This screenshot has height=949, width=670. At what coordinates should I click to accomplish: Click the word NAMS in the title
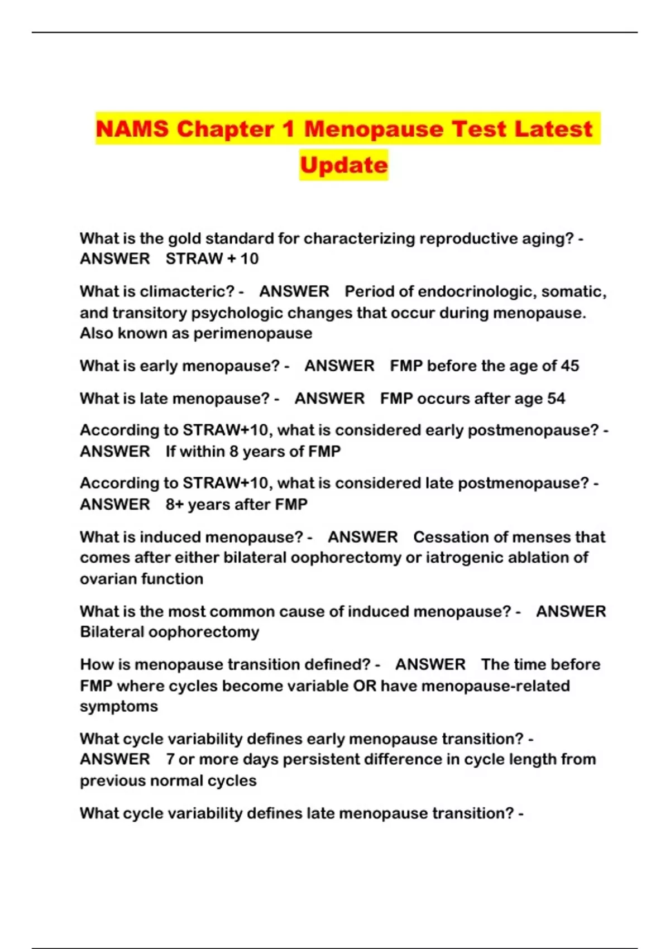132,129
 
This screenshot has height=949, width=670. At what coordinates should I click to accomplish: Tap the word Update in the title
343,165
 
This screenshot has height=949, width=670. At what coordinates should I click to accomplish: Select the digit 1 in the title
288,129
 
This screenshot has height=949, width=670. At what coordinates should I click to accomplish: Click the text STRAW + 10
212,258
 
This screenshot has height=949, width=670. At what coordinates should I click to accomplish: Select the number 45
569,366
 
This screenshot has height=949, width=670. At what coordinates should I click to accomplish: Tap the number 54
556,399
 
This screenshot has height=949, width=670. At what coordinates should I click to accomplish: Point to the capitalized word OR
365,686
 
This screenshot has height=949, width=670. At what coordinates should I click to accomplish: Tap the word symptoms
119,707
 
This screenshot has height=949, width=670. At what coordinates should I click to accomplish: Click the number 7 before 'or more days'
170,759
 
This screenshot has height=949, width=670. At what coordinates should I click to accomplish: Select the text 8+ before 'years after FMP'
174,505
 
